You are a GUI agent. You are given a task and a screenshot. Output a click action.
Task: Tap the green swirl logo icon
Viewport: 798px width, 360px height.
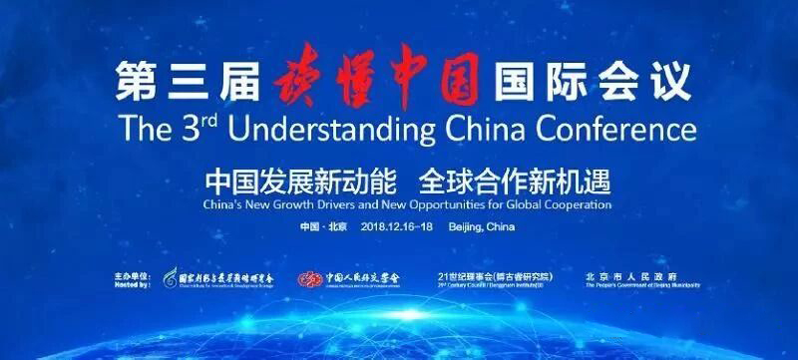point(172,278)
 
